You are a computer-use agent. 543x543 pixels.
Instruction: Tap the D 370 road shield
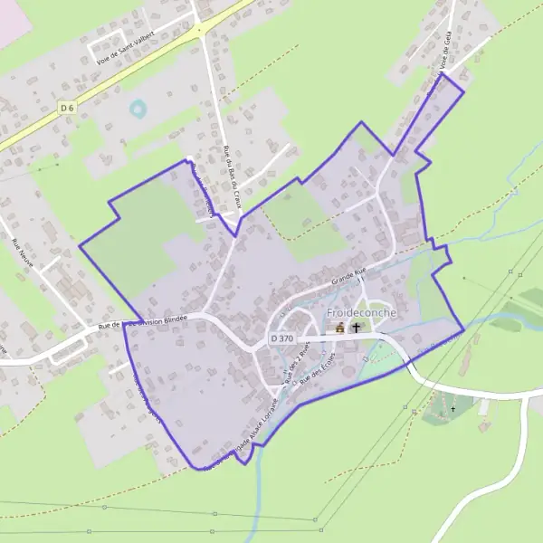pos(282,338)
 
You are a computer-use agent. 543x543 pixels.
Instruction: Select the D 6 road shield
pos(65,107)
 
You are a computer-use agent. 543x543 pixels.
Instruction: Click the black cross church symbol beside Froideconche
pos(356,328)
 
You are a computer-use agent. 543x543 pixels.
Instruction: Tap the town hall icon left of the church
pos(340,328)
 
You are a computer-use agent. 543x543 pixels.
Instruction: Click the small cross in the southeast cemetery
pos(453,409)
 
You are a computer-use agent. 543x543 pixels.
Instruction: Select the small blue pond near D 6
pos(138,110)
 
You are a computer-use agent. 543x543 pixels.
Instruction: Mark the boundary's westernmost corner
pos(80,244)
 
